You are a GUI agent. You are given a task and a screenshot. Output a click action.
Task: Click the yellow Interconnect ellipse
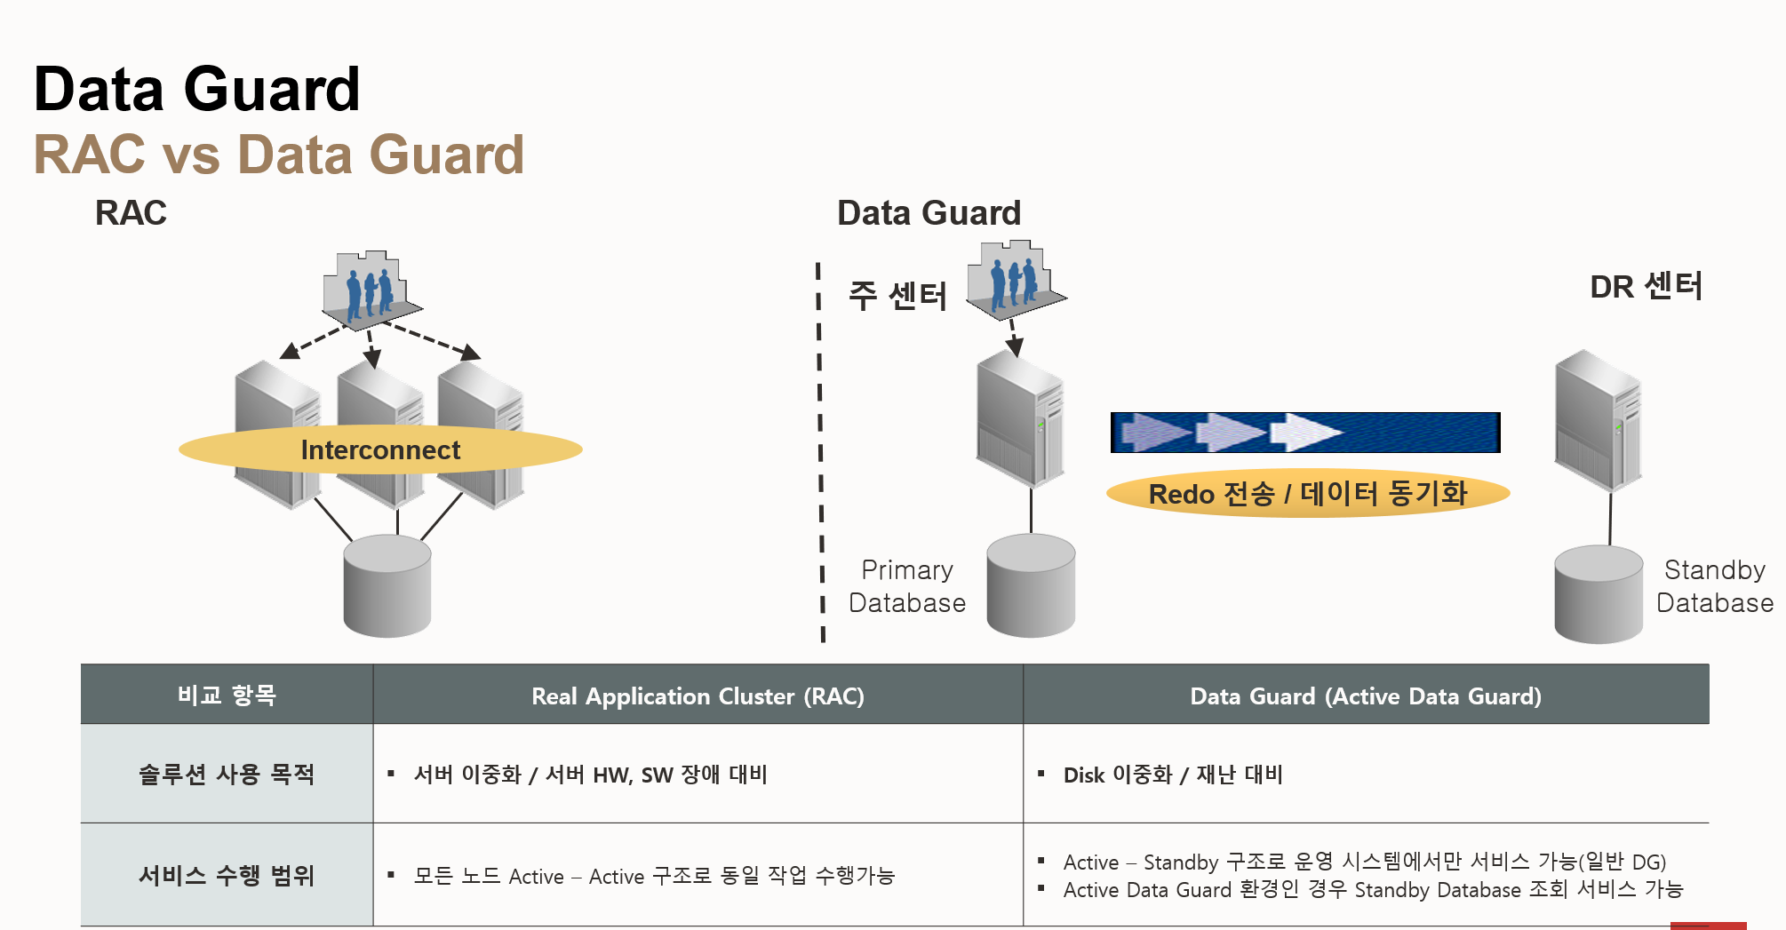pyautogui.click(x=380, y=449)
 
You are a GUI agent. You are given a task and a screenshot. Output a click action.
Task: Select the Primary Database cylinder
pyautogui.click(x=1031, y=585)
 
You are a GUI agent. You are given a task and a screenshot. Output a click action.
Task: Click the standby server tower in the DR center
pyautogui.click(x=1598, y=419)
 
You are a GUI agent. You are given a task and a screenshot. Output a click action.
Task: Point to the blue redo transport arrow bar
pyautogui.click(x=1304, y=433)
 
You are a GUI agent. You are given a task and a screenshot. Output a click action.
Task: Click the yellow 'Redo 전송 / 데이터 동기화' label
pyautogui.click(x=1307, y=493)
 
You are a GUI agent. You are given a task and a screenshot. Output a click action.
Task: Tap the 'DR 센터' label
pyautogui.click(x=1646, y=287)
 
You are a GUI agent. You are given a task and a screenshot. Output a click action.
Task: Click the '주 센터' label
pyautogui.click(x=897, y=296)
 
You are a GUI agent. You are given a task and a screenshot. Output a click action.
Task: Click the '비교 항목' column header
pyautogui.click(x=227, y=695)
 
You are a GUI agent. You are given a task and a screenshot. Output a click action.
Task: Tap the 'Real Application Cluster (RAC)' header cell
pyautogui.click(x=698, y=696)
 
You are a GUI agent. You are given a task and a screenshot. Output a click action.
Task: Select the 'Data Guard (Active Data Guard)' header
pyautogui.click(x=1365, y=696)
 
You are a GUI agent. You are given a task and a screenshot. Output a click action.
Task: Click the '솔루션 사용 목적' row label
pyautogui.click(x=227, y=774)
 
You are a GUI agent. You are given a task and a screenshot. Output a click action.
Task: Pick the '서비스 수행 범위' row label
pyautogui.click(x=227, y=875)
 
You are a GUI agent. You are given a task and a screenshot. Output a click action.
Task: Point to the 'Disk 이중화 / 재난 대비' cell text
pyautogui.click(x=1173, y=775)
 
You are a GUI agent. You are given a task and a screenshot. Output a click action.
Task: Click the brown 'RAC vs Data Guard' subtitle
pyautogui.click(x=279, y=155)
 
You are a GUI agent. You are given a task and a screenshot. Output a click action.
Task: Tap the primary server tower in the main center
pyautogui.click(x=1020, y=417)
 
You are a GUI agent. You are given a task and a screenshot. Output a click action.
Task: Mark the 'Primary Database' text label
pyautogui.click(x=906, y=586)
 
